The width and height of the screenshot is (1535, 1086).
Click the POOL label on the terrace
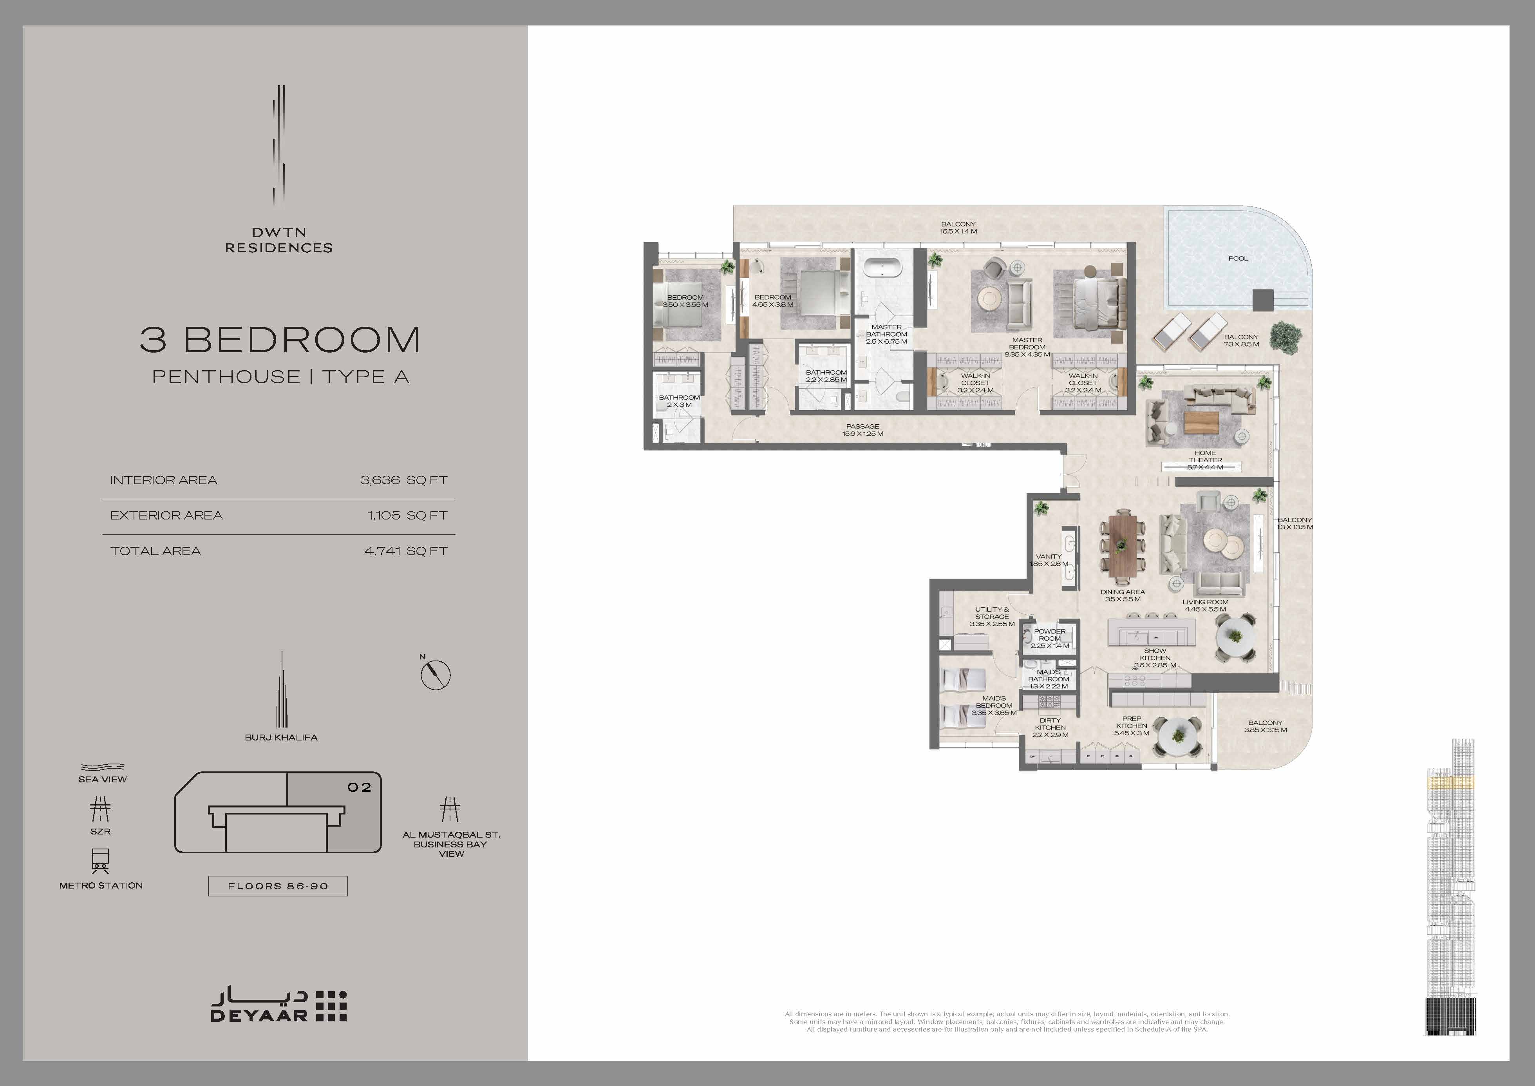tap(1237, 258)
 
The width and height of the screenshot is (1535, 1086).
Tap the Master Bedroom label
tap(1027, 347)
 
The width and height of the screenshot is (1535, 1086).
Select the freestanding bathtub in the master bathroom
tap(882, 268)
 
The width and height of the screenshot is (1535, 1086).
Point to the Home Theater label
tap(1206, 460)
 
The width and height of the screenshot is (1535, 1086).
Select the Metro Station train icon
tap(100, 861)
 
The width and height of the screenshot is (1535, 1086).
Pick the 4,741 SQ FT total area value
tap(406, 551)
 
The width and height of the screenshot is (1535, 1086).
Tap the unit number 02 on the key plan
tap(359, 787)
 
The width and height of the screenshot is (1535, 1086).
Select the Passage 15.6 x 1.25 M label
tap(862, 430)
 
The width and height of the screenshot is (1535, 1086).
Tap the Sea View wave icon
tap(102, 767)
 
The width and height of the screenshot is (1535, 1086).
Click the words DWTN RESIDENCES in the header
tap(279, 240)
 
